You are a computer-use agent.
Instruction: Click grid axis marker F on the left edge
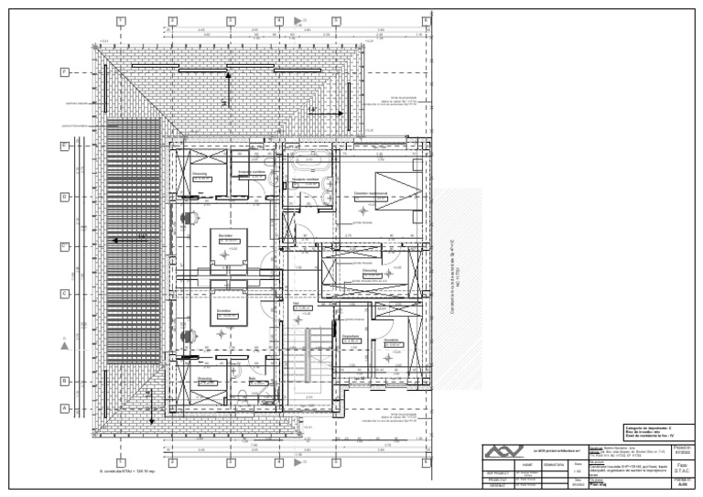[x=64, y=71]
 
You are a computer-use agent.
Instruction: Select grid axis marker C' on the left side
[x=64, y=246]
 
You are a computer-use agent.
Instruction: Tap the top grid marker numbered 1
[x=121, y=20]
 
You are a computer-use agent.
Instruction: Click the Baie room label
[x=252, y=376]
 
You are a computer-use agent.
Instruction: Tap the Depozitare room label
[x=349, y=336]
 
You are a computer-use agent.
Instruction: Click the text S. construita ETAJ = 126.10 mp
[x=127, y=472]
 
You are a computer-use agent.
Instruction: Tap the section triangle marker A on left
[x=63, y=344]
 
